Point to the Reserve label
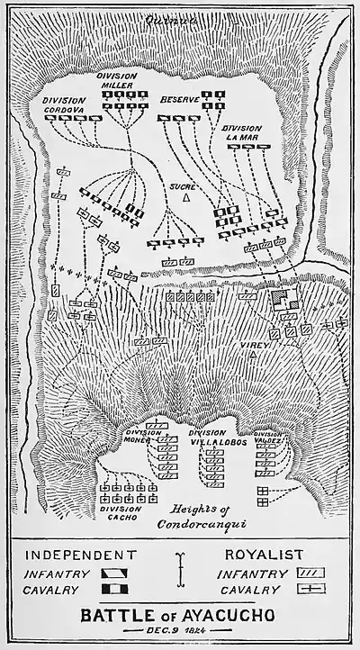[179, 96]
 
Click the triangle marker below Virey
[255, 355]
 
